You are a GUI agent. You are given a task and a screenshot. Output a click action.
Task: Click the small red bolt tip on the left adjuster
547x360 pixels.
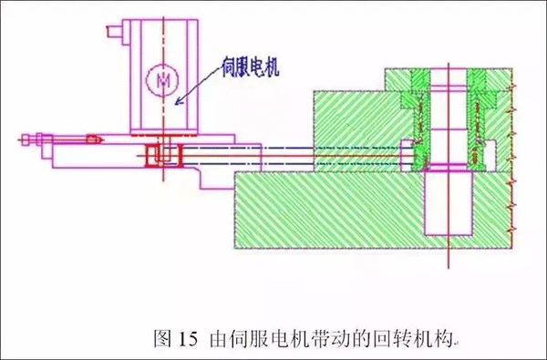tap(92, 139)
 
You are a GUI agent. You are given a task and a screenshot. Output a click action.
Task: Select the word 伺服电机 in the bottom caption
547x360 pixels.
tap(258, 341)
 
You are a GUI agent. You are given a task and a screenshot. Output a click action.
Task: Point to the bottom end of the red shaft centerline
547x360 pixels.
tap(449, 270)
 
